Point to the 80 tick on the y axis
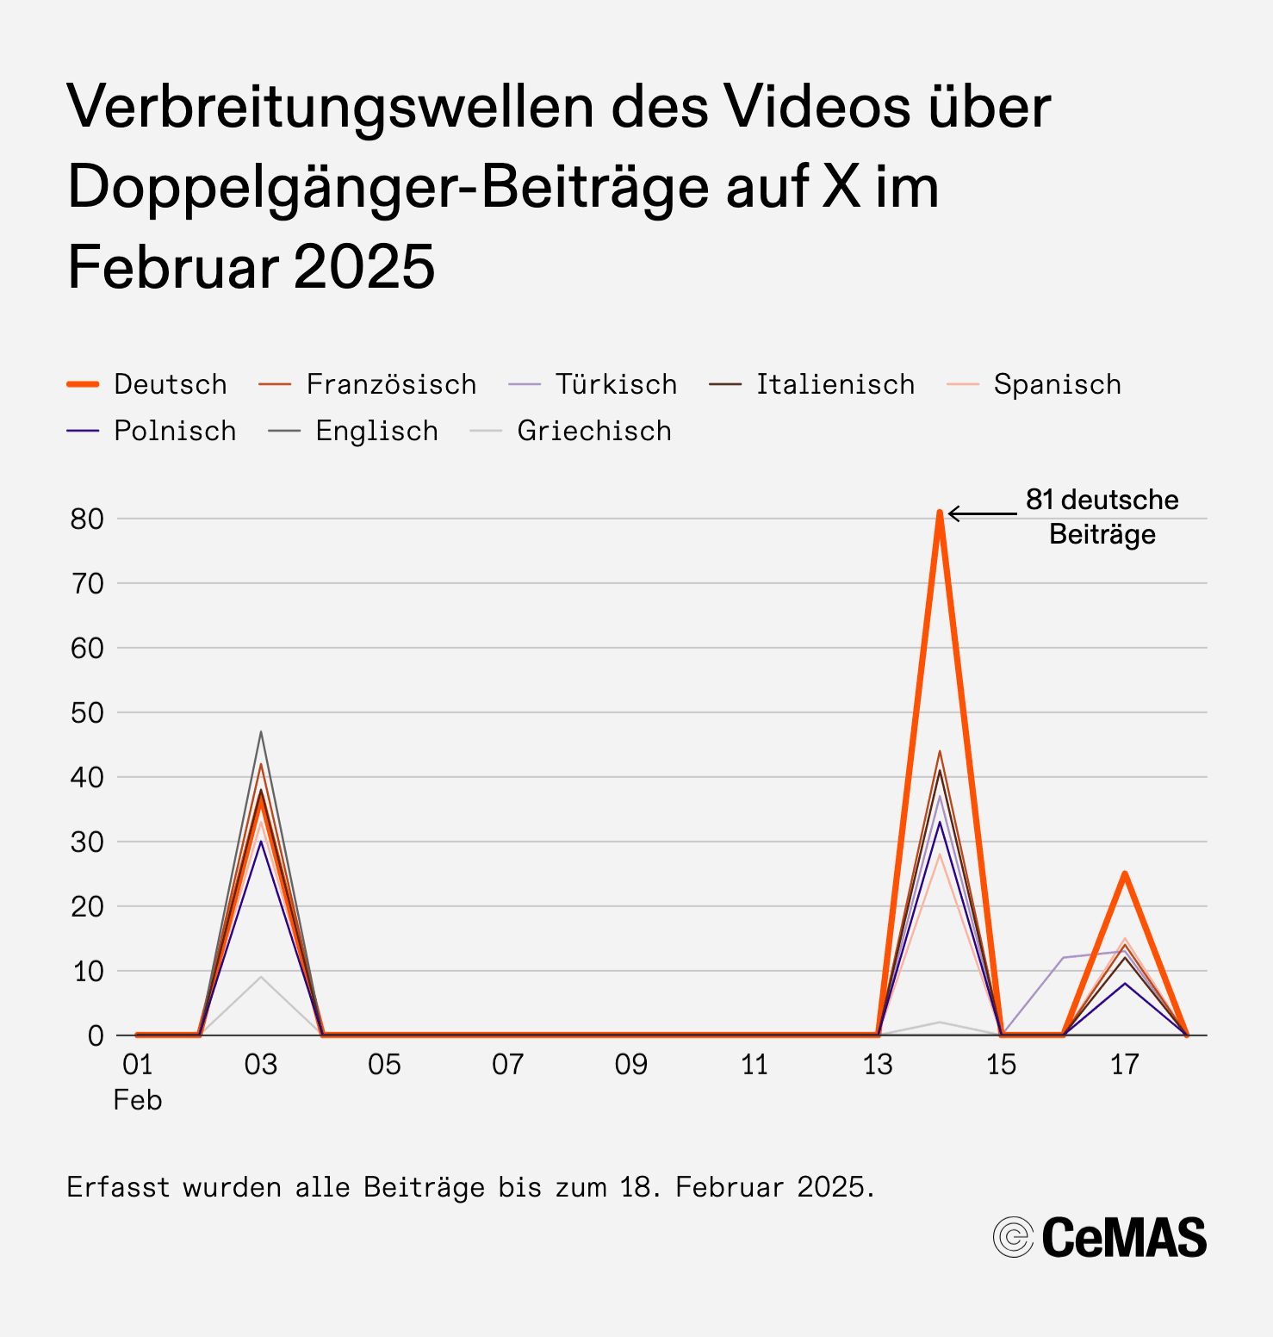(87, 519)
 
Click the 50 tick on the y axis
(87, 712)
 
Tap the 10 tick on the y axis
(87, 971)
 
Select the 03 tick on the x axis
(261, 1065)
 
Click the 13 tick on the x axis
(878, 1065)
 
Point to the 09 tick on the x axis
(630, 1065)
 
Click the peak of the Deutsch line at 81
(940, 513)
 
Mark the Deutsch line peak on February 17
(1125, 874)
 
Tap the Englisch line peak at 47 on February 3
(261, 732)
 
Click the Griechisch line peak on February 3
(261, 977)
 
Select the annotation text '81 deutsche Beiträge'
(1102, 517)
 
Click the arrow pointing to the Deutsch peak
(982, 514)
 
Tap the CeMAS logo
(1100, 1238)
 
